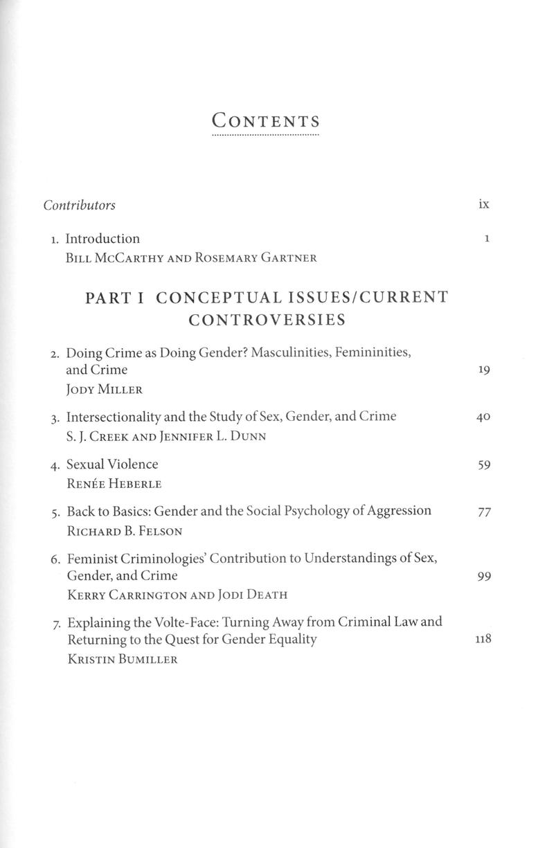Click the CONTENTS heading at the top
[x=266, y=121]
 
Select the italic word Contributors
[x=79, y=205]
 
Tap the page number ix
[x=483, y=204]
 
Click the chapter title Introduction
[x=102, y=239]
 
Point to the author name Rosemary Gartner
[x=257, y=258]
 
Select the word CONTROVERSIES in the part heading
[x=267, y=320]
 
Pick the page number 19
[x=484, y=370]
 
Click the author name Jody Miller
[x=104, y=390]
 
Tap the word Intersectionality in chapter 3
[x=114, y=416]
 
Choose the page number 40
[x=483, y=417]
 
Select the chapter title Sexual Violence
[x=112, y=464]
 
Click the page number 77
[x=484, y=512]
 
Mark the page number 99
[x=484, y=576]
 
